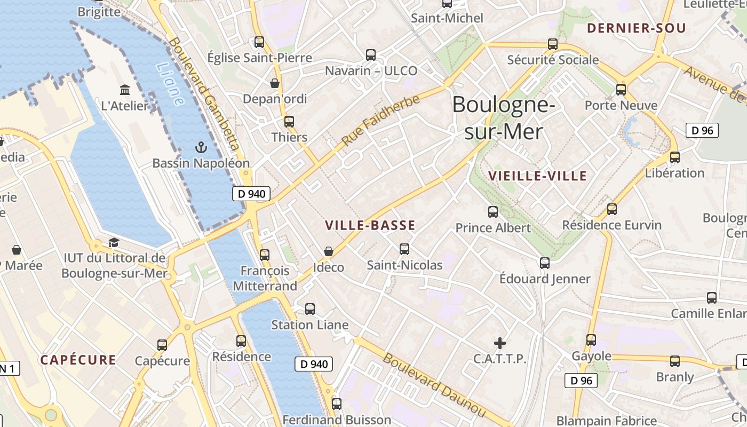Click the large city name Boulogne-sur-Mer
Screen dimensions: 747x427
point(503,118)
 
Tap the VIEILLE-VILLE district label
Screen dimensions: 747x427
point(537,176)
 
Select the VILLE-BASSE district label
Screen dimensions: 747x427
point(370,225)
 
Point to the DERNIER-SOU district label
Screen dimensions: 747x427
point(637,28)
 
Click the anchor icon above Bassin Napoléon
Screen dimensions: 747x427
point(201,147)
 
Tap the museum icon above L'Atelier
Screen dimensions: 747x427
point(125,89)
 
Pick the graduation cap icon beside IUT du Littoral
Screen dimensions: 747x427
point(114,243)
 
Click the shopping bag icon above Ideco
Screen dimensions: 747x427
point(329,251)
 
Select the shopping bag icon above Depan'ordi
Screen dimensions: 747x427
point(275,83)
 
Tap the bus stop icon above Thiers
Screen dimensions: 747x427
point(289,121)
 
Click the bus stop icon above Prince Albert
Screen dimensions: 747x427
point(493,212)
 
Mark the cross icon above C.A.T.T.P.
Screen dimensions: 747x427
point(500,343)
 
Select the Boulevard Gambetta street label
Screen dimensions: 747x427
point(204,94)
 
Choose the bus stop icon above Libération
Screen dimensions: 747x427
point(675,157)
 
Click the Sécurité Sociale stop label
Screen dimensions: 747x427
point(553,60)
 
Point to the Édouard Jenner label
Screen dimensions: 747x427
point(545,279)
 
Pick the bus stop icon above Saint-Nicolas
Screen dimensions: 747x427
point(404,249)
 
